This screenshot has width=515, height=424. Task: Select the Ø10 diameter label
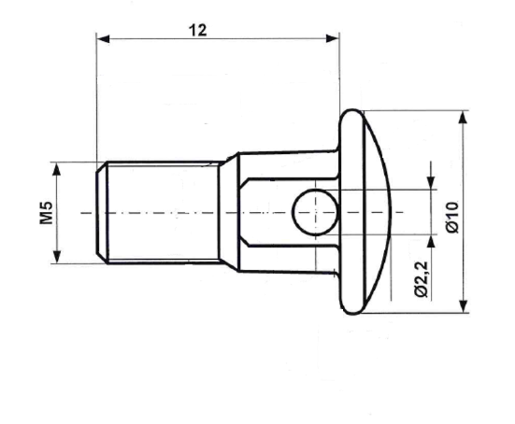click(x=451, y=214)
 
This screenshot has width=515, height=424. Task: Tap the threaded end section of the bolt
click(x=159, y=212)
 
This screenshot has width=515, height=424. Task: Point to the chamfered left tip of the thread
click(x=100, y=212)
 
